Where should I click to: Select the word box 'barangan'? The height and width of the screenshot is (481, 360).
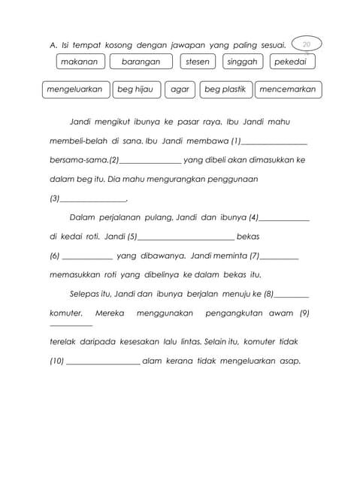pyautogui.click(x=141, y=62)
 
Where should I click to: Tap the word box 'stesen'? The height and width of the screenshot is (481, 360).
pyautogui.click(x=198, y=62)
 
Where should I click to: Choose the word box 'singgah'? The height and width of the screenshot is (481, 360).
pyautogui.click(x=242, y=62)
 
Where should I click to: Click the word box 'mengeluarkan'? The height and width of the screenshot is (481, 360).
pyautogui.click(x=74, y=89)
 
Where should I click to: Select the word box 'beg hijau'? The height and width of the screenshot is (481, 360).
pyautogui.click(x=135, y=89)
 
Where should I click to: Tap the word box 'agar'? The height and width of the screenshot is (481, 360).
pyautogui.click(x=180, y=89)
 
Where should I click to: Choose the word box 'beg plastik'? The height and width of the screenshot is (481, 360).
pyautogui.click(x=225, y=89)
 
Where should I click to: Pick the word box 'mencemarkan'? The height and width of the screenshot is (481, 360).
pyautogui.click(x=288, y=89)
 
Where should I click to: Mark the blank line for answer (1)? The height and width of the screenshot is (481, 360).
pyautogui.click(x=274, y=143)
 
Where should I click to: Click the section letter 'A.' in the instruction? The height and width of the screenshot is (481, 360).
pyautogui.click(x=53, y=46)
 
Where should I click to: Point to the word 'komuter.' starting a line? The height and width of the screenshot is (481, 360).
pyautogui.click(x=65, y=313)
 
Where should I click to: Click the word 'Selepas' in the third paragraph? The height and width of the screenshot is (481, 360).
pyautogui.click(x=86, y=294)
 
